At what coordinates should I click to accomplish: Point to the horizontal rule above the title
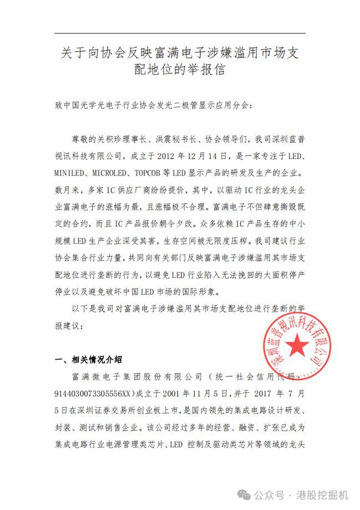coord(180,34)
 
